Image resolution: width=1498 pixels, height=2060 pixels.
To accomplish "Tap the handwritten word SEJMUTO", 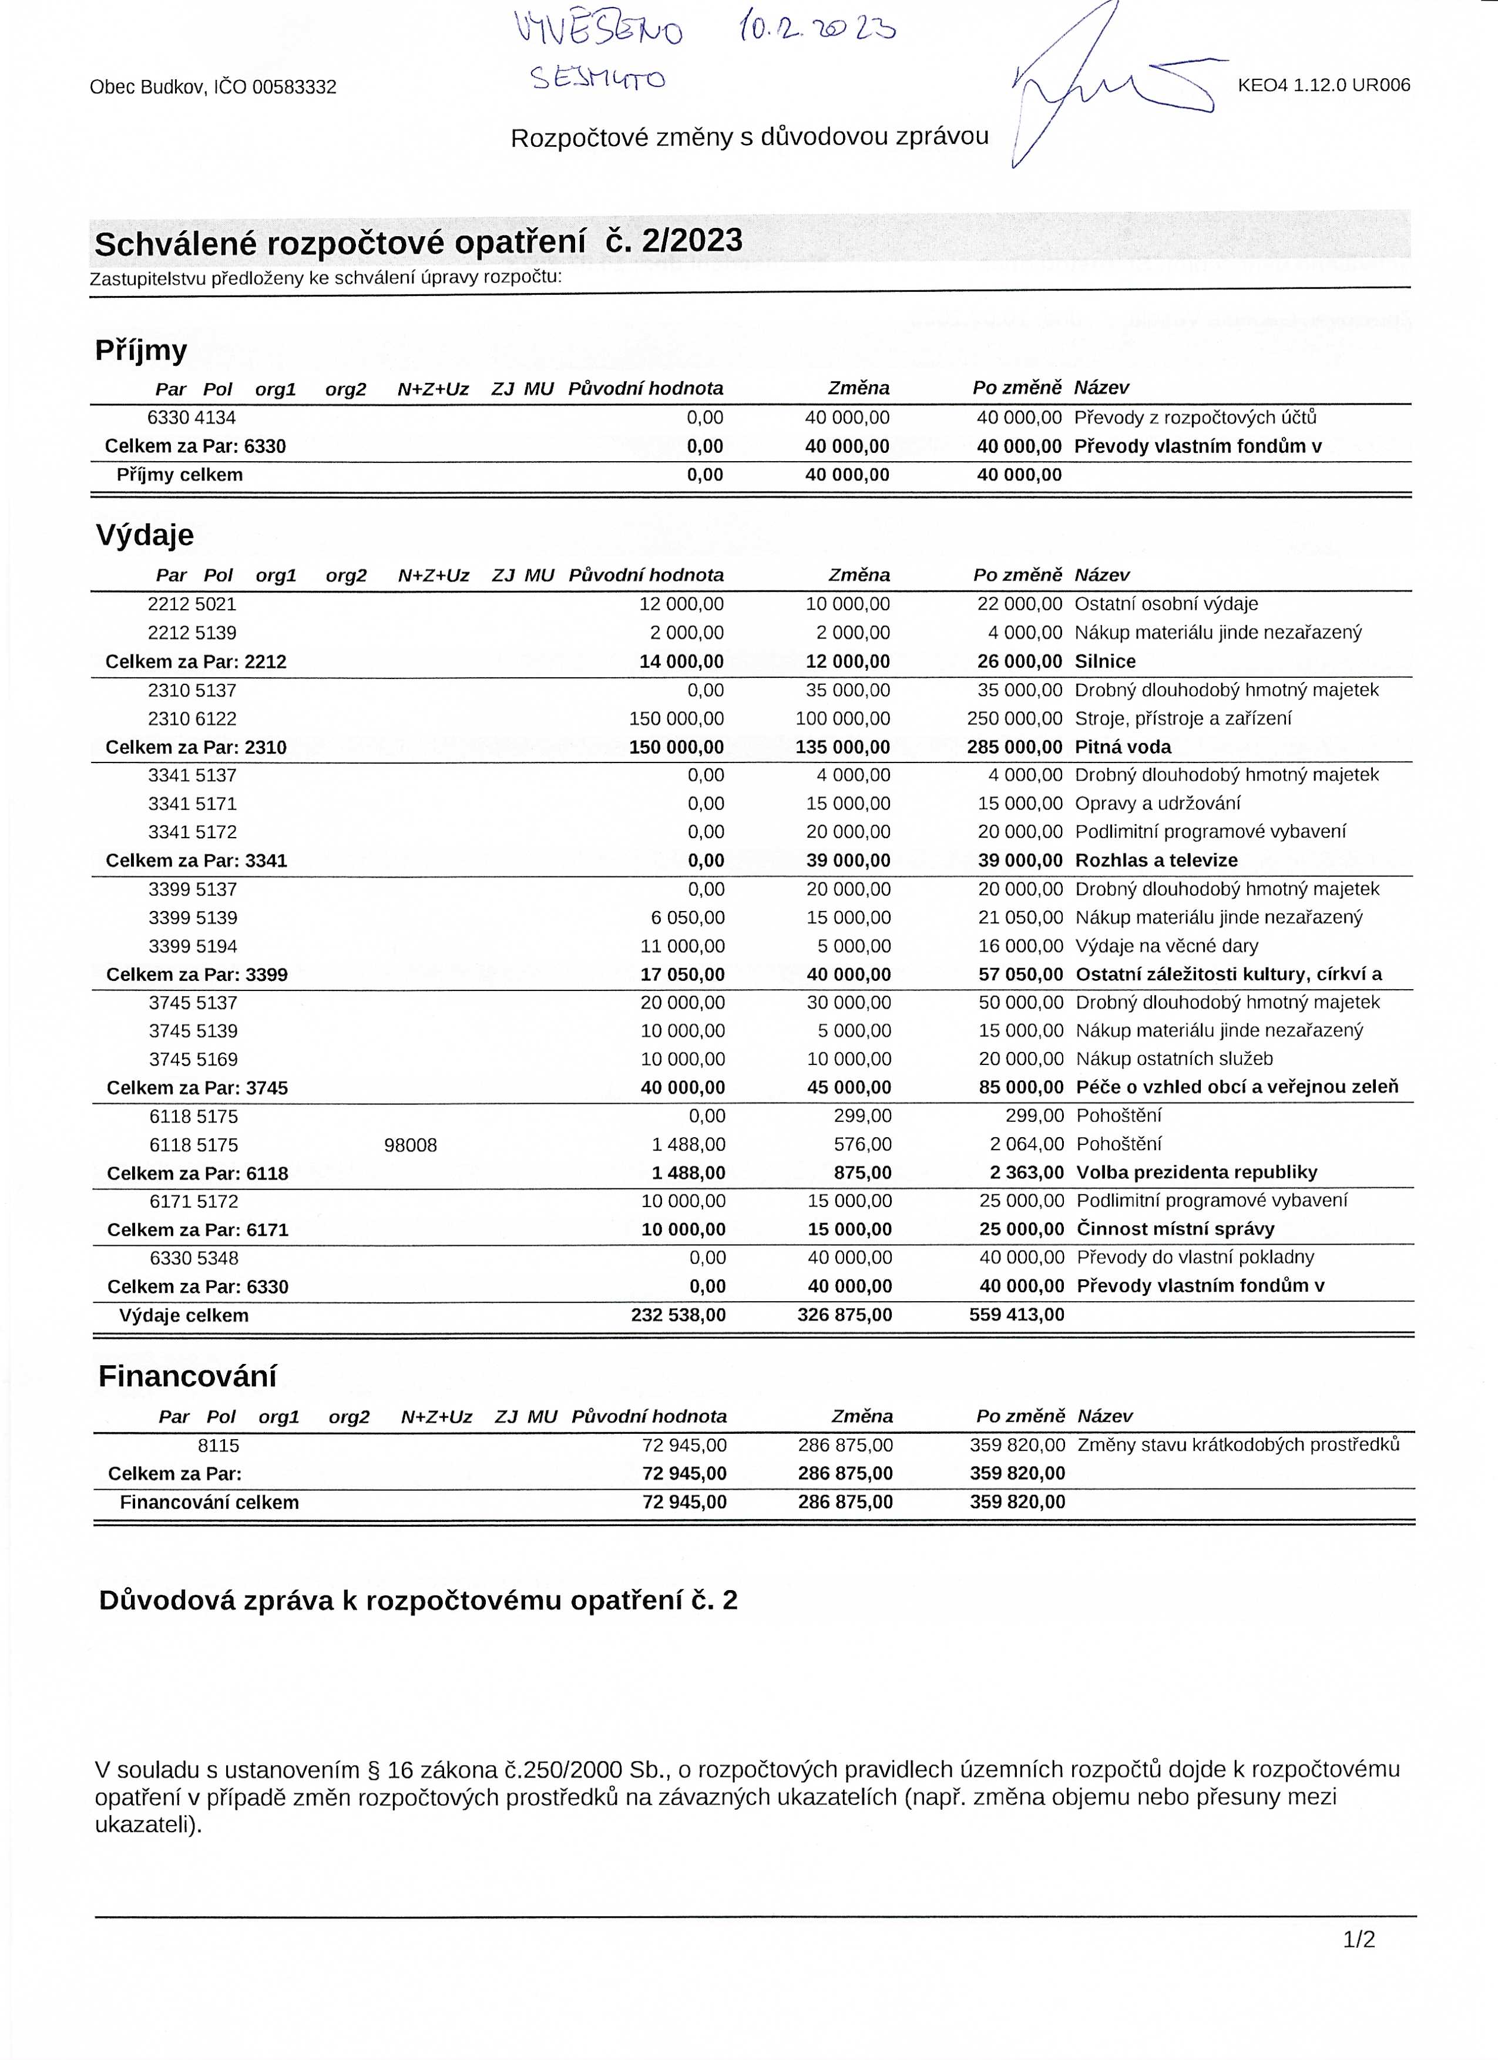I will click(x=598, y=79).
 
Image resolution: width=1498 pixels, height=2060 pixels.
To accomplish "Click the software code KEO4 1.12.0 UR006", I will click(x=1324, y=85).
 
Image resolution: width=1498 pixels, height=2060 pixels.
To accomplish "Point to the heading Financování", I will click(x=187, y=1376).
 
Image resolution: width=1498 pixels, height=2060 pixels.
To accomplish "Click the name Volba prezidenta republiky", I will click(x=1197, y=1172).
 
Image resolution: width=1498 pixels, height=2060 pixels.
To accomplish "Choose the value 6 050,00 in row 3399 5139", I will click(x=688, y=918).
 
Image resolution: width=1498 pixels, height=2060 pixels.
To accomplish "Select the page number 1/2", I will click(x=1359, y=1939).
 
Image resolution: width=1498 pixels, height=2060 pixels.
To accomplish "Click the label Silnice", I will click(x=1104, y=661).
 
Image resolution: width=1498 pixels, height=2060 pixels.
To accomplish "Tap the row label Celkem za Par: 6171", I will click(x=198, y=1230).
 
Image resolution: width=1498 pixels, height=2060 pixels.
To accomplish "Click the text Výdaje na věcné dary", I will click(x=1167, y=946).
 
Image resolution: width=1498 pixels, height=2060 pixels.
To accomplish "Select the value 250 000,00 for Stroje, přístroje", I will click(x=1015, y=718).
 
